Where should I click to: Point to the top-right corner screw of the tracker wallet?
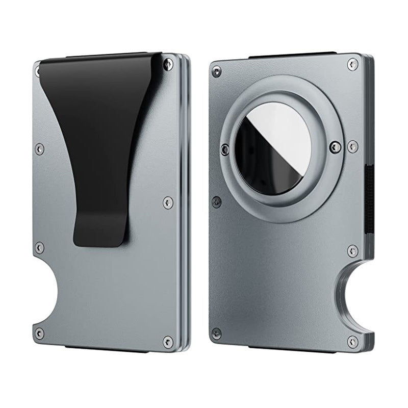[351, 63]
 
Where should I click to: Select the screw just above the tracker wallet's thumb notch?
[351, 250]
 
